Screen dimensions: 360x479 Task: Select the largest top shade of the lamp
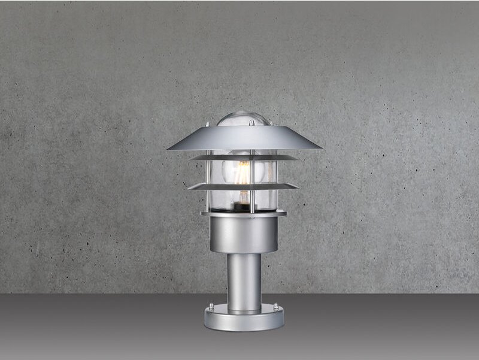[244, 138]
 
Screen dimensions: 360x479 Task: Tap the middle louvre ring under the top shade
[244, 158]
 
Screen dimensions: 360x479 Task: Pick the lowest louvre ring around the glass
[244, 187]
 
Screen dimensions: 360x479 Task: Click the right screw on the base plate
[275, 307]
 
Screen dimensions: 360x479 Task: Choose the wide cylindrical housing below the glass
[244, 234]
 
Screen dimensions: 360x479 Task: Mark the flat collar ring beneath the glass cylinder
[244, 213]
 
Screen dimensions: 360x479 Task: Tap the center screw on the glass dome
[251, 123]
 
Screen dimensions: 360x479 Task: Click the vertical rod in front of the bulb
[252, 174]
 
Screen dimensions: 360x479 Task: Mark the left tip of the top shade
[168, 148]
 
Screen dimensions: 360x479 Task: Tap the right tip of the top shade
[320, 147]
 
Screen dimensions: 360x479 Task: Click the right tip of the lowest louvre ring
[298, 187]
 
